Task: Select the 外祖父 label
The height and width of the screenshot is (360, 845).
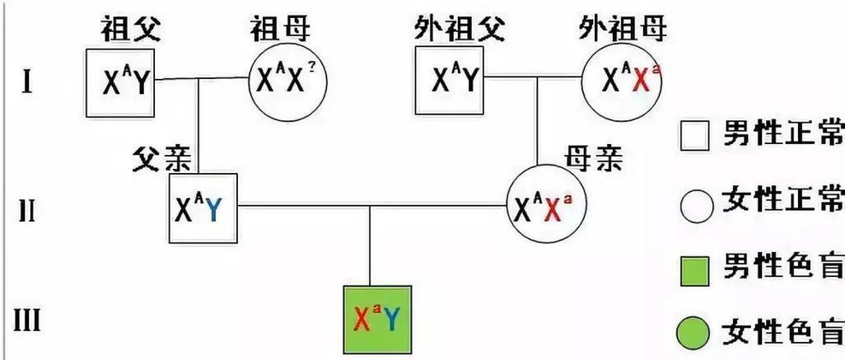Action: [x=451, y=30]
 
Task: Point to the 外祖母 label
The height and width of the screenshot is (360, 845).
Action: [x=623, y=30]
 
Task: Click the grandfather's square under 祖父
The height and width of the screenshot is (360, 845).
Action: [x=119, y=81]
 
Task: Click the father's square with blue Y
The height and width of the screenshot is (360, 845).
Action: [x=200, y=209]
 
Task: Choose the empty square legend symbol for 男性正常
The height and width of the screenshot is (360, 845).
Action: [x=695, y=135]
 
